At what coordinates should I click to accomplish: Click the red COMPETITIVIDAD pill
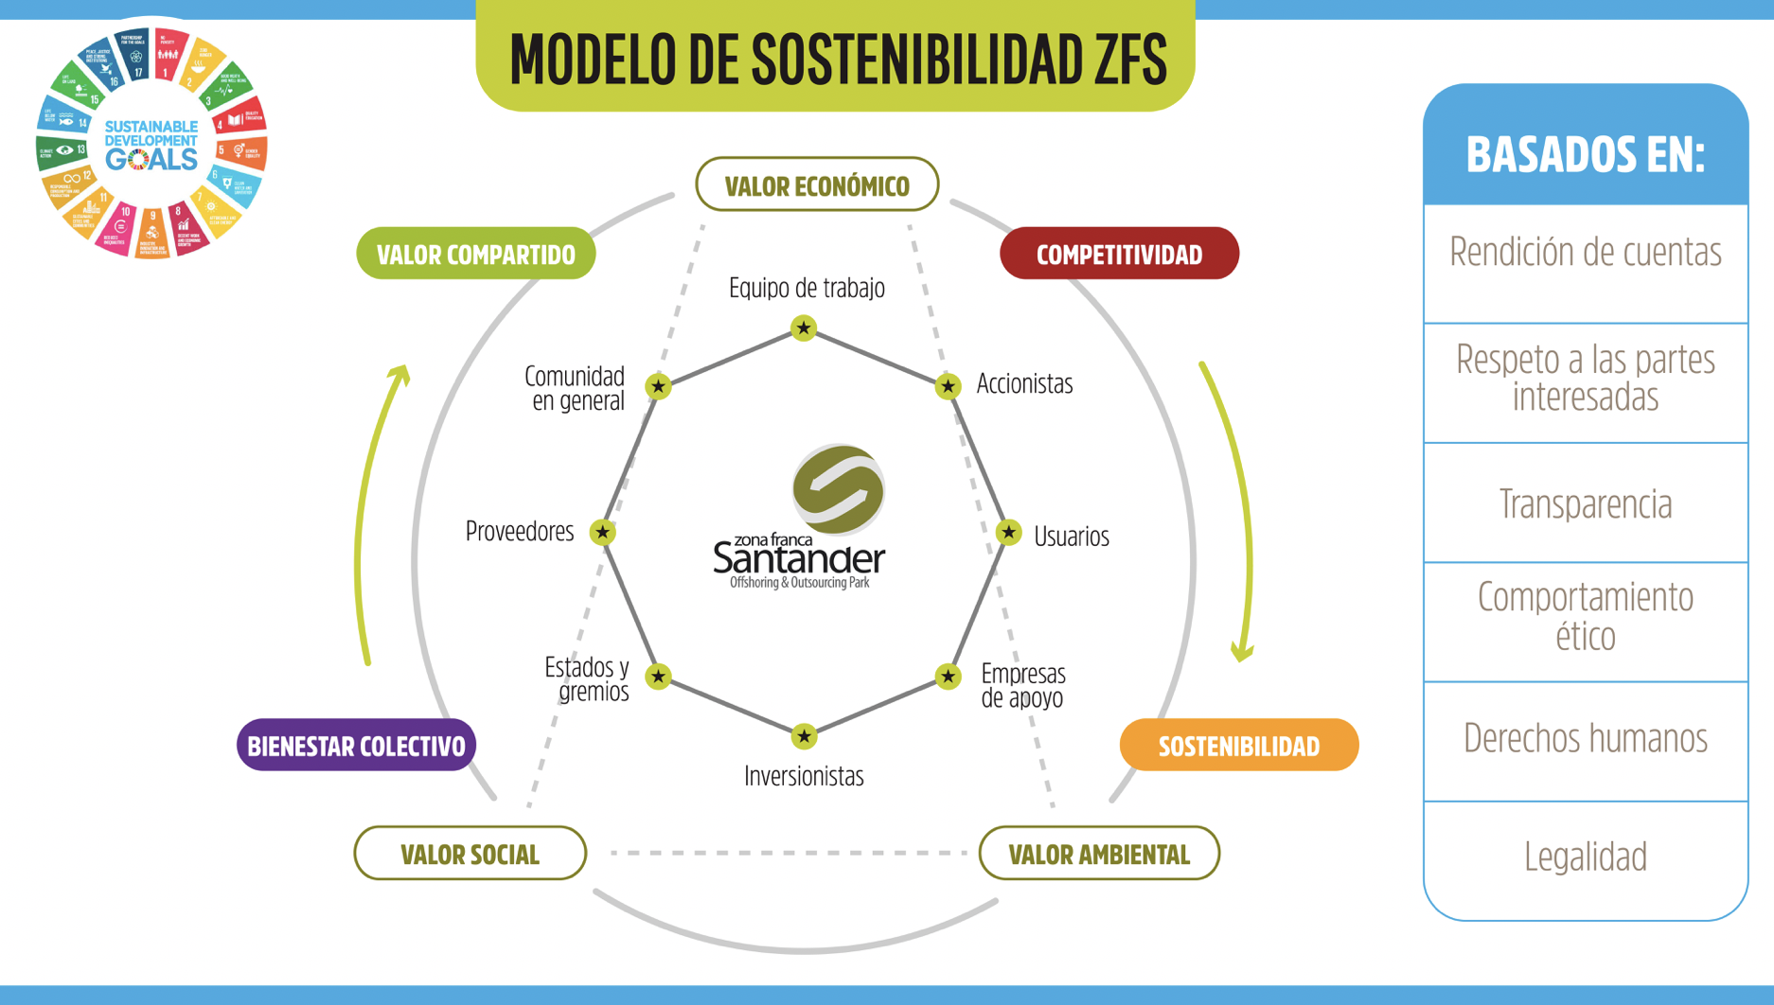coord(1119,254)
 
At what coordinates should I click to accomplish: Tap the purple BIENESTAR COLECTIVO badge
coord(356,746)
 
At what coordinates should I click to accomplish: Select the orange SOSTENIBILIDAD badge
coord(1238,746)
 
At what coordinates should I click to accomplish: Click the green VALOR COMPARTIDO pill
coord(475,254)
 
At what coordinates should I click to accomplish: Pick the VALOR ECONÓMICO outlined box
coord(817,185)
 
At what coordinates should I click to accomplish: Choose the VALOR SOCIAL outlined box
coord(470,854)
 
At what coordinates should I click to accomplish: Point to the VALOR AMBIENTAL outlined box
coord(1098,854)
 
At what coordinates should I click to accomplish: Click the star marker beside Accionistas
coord(948,386)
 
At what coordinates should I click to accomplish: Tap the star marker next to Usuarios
coord(1008,532)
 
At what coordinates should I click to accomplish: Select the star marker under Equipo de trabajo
coord(804,328)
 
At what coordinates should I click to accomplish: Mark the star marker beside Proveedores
coord(602,532)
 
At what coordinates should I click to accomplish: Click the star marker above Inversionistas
coord(804,735)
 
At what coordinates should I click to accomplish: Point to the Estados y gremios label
coord(588,679)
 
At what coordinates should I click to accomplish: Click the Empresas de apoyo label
coord(1023,685)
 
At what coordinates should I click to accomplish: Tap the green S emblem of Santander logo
coord(838,488)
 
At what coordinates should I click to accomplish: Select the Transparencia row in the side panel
coord(1585,503)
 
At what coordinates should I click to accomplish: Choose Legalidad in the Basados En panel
coord(1585,856)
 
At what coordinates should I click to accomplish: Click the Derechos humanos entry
coord(1585,738)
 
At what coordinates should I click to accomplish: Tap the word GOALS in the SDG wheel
coord(151,159)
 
